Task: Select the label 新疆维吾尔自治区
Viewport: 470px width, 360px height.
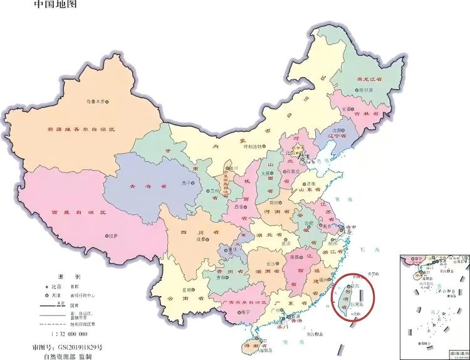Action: [81, 129]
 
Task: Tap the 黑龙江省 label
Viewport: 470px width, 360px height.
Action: [369, 80]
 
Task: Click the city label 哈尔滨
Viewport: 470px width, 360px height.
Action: [364, 90]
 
